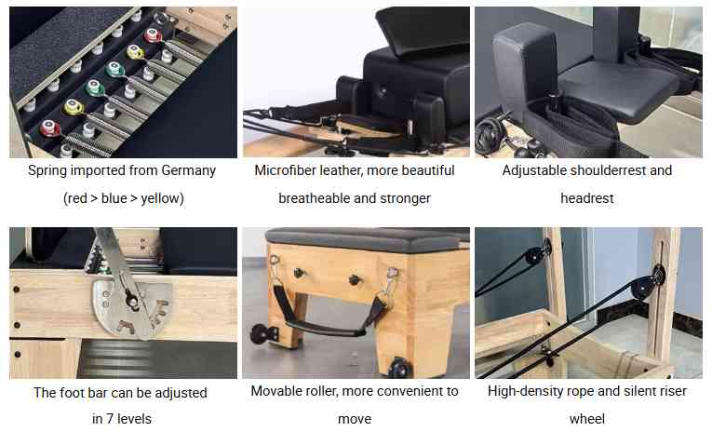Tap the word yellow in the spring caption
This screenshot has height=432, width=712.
click(159, 198)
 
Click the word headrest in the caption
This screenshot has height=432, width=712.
click(587, 198)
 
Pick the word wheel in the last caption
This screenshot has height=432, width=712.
click(587, 419)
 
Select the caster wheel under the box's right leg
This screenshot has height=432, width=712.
click(401, 367)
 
